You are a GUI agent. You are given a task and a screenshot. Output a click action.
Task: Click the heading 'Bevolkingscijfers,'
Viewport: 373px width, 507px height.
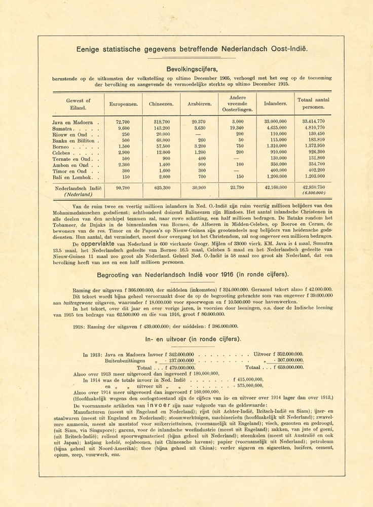[x=192, y=69]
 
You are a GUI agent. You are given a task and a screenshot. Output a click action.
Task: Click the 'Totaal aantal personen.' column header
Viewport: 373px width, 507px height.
[x=313, y=103]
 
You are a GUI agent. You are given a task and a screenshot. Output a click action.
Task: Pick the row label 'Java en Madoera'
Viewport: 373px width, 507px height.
[x=72, y=122]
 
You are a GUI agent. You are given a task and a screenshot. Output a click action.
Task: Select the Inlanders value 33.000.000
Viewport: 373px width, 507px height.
[x=275, y=122]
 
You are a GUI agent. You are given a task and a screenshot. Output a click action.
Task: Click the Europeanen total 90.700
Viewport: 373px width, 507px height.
[x=123, y=188]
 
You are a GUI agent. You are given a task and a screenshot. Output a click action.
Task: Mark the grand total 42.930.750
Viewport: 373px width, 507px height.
[x=314, y=188]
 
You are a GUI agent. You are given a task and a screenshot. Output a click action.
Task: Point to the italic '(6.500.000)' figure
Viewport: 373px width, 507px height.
[x=314, y=194]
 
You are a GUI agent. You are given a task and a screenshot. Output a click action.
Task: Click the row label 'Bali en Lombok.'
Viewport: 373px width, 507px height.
[x=74, y=177]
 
